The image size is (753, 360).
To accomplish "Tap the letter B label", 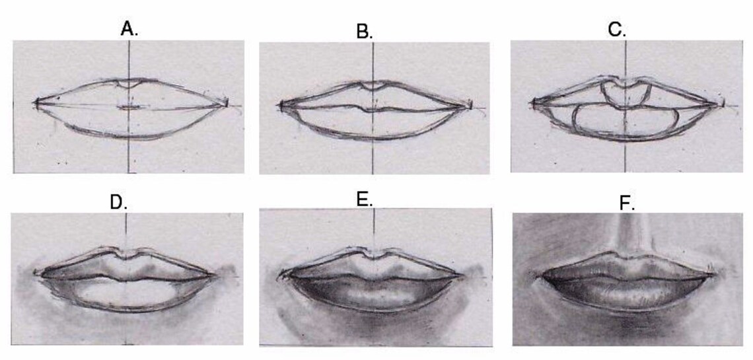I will pyautogui.click(x=364, y=32).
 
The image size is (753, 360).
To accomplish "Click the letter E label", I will pyautogui.click(x=365, y=199).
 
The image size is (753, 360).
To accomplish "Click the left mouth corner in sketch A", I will pyautogui.click(x=37, y=102).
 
